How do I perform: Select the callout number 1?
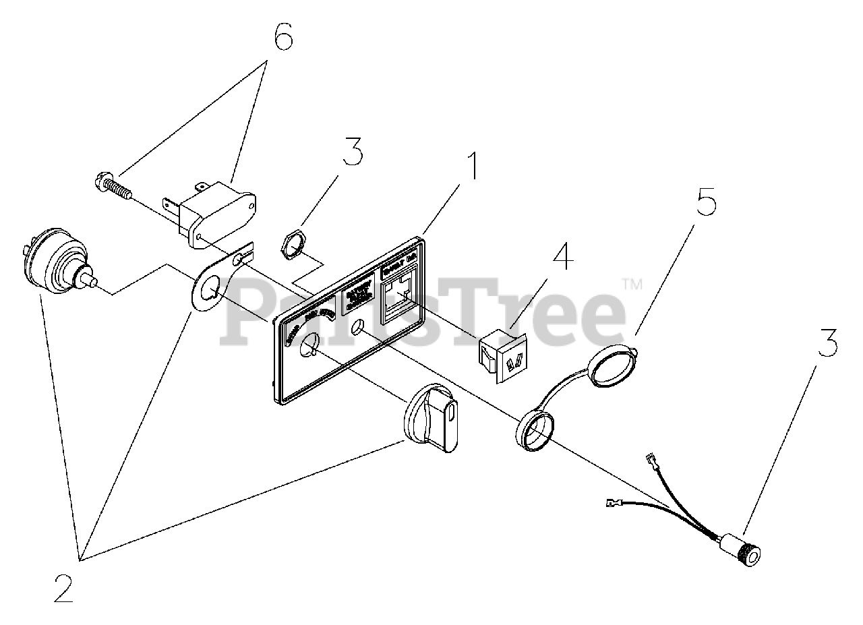[475, 166]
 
